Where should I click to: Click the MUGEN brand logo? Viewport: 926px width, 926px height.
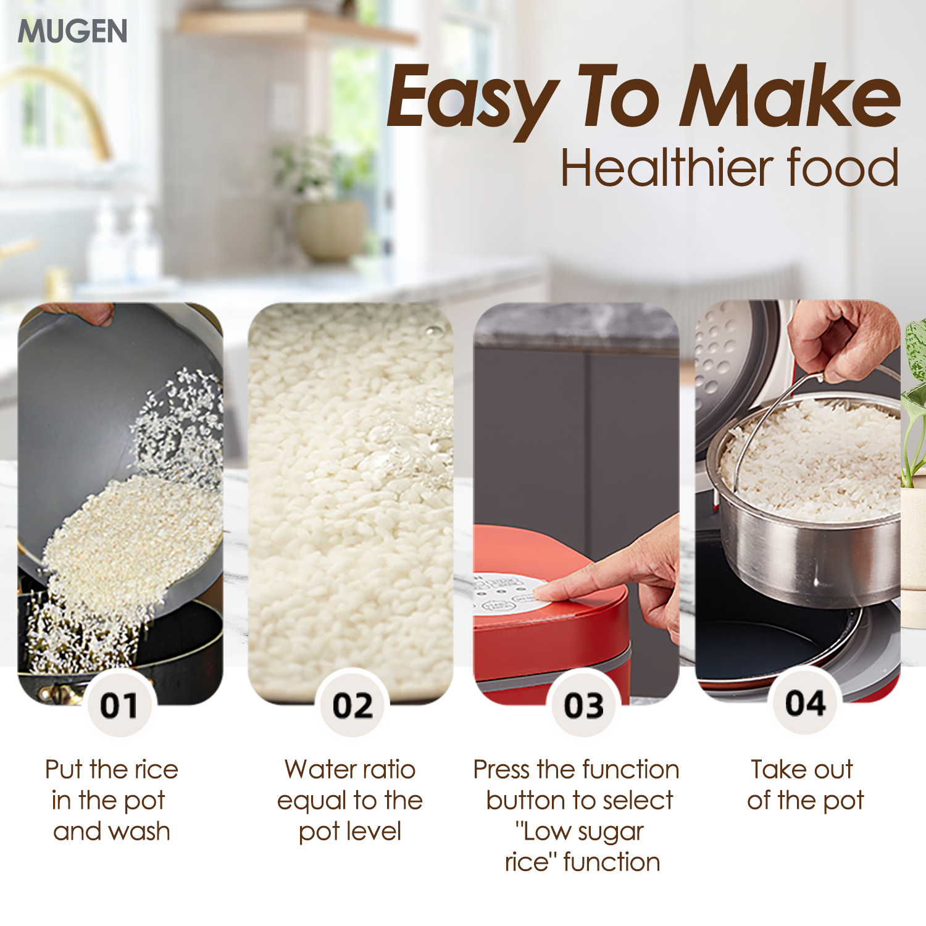click(x=72, y=31)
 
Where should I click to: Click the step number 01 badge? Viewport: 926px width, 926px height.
click(x=119, y=704)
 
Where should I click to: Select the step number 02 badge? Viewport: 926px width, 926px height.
click(x=352, y=704)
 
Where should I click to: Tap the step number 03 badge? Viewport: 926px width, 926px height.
click(x=583, y=704)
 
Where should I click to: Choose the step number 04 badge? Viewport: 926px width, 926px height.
click(x=805, y=703)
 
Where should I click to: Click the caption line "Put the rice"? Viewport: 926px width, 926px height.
click(x=112, y=770)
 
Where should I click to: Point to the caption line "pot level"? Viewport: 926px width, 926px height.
click(x=350, y=832)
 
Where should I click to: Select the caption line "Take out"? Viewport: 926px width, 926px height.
click(x=802, y=770)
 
